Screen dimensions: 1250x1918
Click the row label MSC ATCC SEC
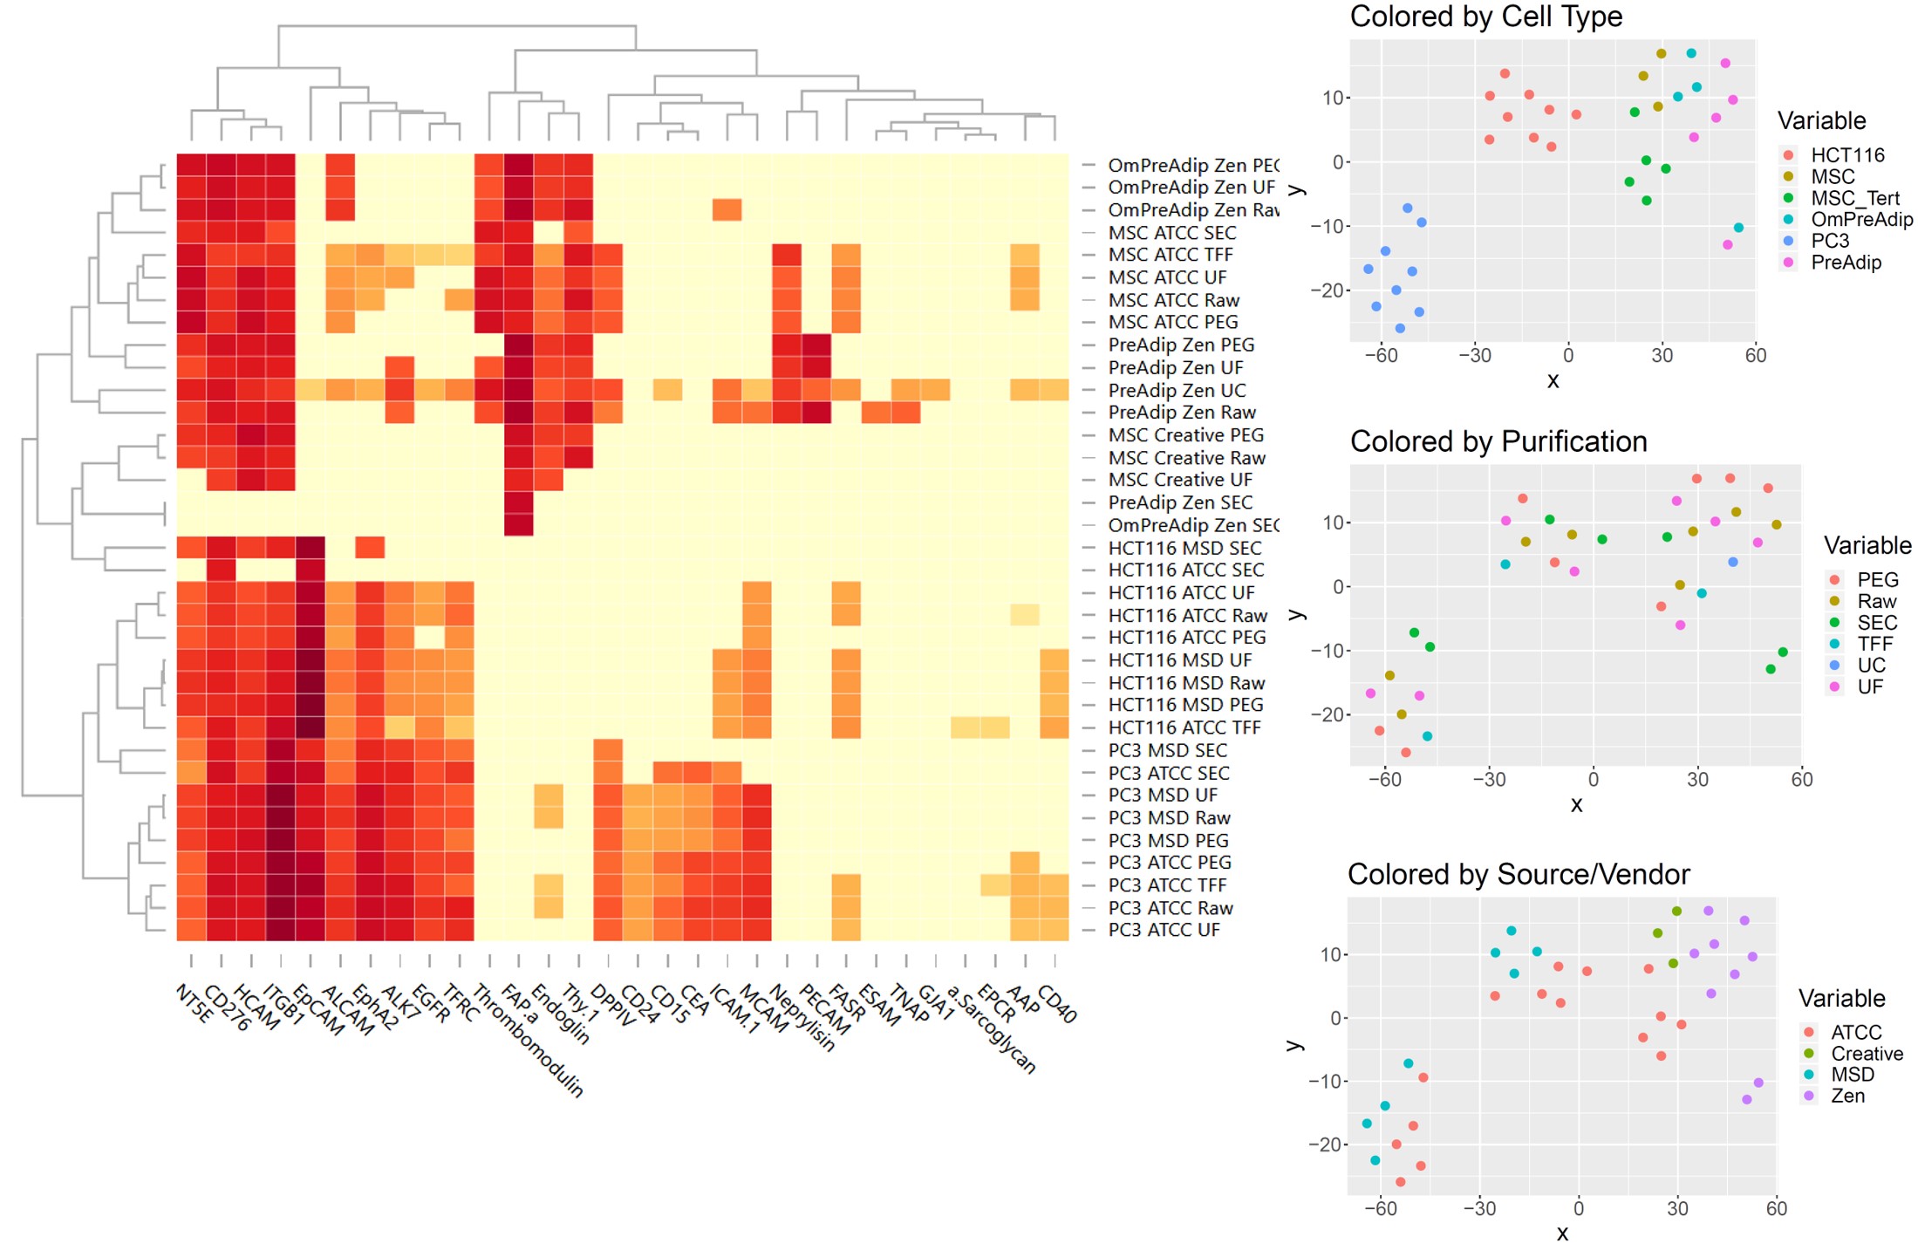point(1171,233)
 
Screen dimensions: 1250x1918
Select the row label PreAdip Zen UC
point(1177,391)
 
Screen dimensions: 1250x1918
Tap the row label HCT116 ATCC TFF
point(1184,727)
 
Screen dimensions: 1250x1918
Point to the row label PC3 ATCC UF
point(1164,930)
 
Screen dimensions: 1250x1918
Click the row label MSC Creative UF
point(1179,480)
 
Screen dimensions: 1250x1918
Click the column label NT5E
point(194,1003)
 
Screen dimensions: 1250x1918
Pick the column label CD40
point(1057,1004)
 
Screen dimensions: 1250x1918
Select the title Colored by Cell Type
point(1485,17)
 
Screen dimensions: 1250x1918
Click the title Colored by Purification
point(1498,441)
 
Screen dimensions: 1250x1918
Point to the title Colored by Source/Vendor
point(1518,874)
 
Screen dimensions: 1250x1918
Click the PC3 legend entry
point(1829,241)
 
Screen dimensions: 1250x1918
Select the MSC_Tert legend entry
point(1854,198)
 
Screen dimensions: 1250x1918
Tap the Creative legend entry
point(1866,1054)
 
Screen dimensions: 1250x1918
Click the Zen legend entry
point(1847,1096)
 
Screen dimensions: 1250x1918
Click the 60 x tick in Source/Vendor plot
point(1776,1208)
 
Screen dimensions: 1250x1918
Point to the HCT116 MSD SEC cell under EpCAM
point(311,548)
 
